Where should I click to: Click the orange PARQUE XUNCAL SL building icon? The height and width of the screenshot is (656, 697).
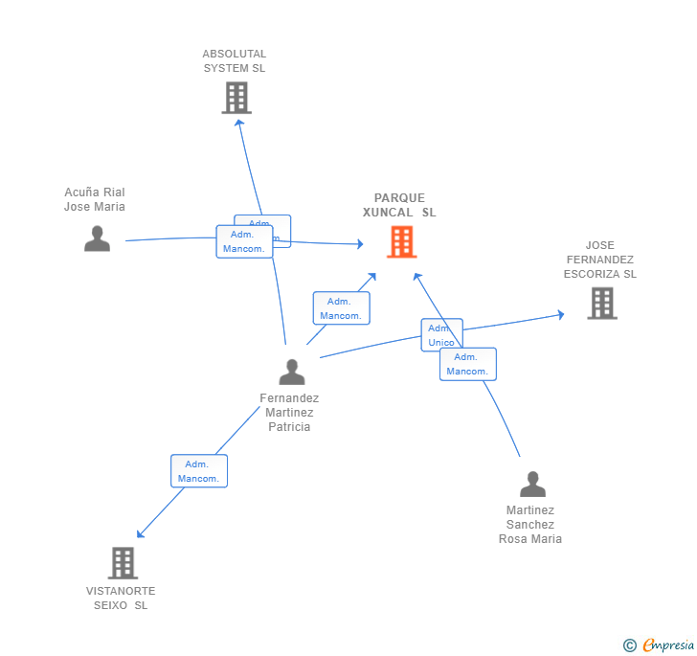coord(401,241)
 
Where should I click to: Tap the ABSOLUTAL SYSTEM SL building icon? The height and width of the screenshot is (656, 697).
coord(236,98)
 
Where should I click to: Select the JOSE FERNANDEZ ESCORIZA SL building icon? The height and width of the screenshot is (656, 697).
coord(601,303)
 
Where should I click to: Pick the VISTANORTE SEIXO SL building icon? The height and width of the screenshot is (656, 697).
coord(123,563)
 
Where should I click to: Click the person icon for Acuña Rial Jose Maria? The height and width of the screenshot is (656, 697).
coord(97,238)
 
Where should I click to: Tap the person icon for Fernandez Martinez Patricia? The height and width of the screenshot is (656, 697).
coord(292,372)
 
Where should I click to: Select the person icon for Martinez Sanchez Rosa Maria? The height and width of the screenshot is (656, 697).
coord(532,485)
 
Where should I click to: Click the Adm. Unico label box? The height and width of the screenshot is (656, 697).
coord(441,335)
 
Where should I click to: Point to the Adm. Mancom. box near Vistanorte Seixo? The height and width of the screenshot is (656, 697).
coord(199,471)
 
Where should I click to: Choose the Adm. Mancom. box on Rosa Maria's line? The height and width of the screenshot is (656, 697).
coord(468,364)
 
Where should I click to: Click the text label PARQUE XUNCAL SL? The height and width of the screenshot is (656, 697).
coord(399,205)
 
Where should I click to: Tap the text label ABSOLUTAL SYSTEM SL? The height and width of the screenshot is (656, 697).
coord(235,61)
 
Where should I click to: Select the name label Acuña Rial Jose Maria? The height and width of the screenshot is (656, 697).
coord(95,199)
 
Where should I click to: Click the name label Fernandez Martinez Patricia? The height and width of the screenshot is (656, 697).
coord(289,413)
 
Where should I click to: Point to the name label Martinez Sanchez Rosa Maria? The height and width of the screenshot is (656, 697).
coord(530,525)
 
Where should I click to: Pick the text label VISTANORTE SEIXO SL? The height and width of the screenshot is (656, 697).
coord(121,598)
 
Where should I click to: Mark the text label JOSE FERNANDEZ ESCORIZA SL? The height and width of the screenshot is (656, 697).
coord(599,260)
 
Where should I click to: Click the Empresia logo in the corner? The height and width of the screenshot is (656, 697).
coord(659,645)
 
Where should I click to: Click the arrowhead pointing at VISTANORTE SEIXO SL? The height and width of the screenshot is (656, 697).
coord(140,534)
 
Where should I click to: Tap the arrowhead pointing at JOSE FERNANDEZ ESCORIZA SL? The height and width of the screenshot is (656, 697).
coord(560,313)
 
